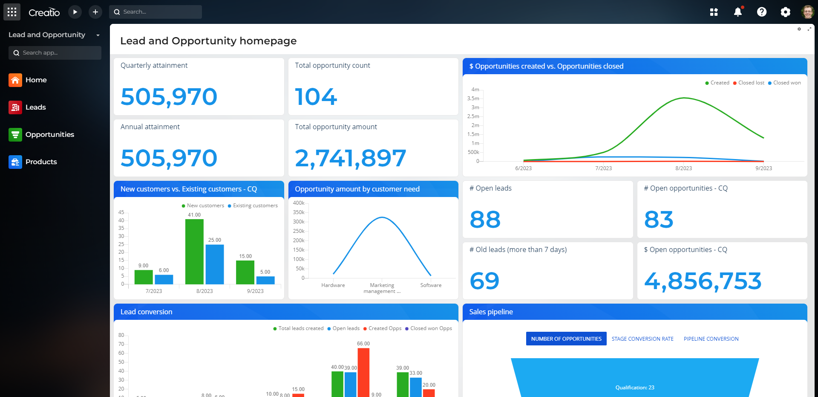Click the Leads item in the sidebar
click(x=35, y=107)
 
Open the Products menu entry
click(x=41, y=162)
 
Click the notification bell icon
click(x=738, y=12)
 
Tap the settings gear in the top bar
click(x=785, y=12)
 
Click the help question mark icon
click(x=761, y=12)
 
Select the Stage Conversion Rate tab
click(x=642, y=339)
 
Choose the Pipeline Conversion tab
click(x=711, y=339)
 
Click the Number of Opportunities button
click(x=566, y=339)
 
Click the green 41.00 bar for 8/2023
click(x=194, y=252)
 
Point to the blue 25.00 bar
click(x=215, y=264)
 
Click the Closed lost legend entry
click(x=751, y=83)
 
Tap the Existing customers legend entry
click(x=255, y=206)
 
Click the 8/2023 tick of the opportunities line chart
click(x=683, y=168)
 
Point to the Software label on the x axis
click(x=431, y=285)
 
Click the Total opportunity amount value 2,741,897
click(x=350, y=158)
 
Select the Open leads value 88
click(x=485, y=220)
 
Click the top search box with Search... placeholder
click(x=156, y=12)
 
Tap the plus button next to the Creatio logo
click(x=95, y=12)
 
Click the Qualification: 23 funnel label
click(x=634, y=388)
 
